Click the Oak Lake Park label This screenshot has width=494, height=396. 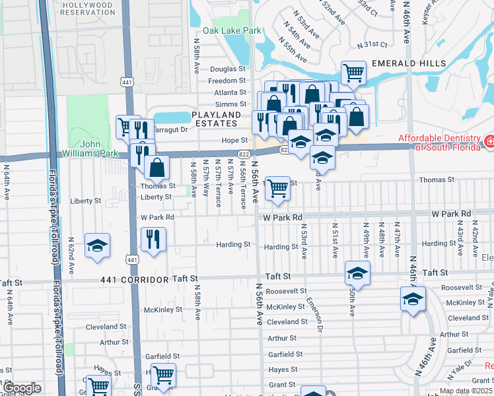(x=232, y=30)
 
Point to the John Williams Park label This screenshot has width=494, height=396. (x=97, y=149)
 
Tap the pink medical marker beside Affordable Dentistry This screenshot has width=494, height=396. (x=489, y=141)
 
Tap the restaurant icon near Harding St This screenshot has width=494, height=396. (x=153, y=239)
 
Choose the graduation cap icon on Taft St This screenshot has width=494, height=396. (x=357, y=272)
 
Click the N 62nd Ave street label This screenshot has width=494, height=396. (x=71, y=257)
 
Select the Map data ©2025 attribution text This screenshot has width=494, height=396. (x=466, y=391)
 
